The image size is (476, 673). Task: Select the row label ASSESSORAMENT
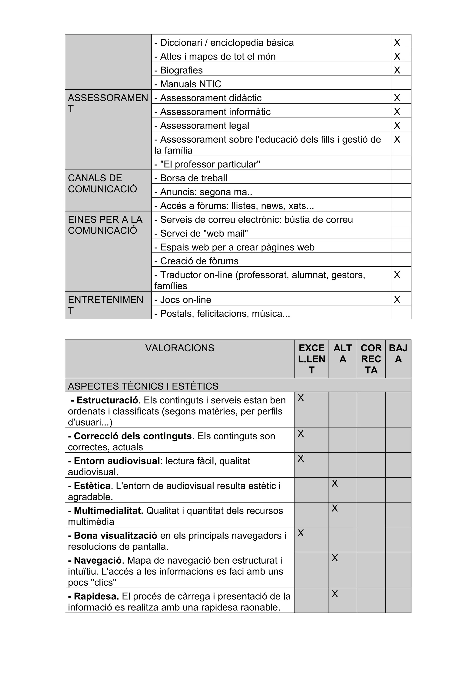pyautogui.click(x=108, y=103)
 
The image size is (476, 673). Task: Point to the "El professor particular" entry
pyautogui.click(x=207, y=164)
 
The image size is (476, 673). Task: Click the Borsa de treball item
pyautogui.click(x=191, y=178)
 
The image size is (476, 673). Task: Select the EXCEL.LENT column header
pyautogui.click(x=311, y=359)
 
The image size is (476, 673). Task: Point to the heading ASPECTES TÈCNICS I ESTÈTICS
pyautogui.click(x=143, y=386)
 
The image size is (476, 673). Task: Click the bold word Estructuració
pyautogui.click(x=107, y=400)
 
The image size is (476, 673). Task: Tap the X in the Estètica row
pyautogui.click(x=335, y=483)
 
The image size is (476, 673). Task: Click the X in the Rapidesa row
pyautogui.click(x=335, y=594)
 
